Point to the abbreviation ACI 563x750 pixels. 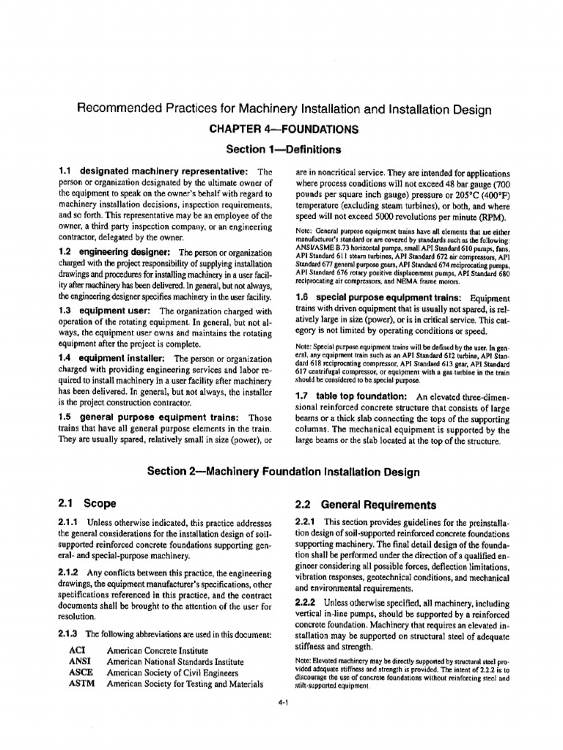76,650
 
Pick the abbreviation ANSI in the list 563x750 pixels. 78,661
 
